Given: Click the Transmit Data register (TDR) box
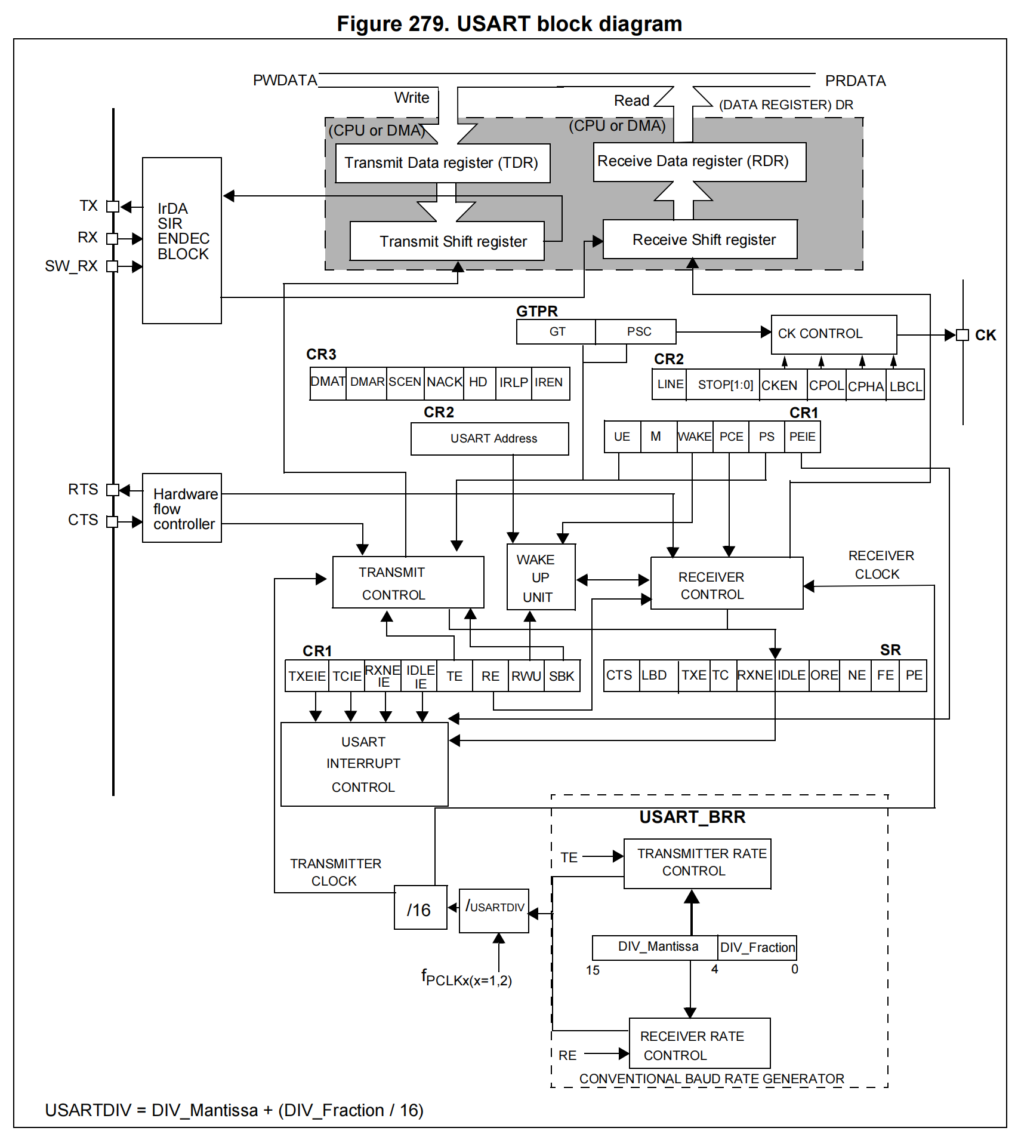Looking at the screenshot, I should click(x=442, y=163).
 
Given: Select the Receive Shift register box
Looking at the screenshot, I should click(x=700, y=239).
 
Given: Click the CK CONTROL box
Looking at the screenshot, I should click(x=833, y=334).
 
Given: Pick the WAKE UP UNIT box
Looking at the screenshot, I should click(x=541, y=577).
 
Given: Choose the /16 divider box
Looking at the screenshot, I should click(x=420, y=908).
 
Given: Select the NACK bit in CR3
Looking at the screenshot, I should click(x=444, y=383).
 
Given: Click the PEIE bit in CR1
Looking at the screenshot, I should click(x=802, y=437).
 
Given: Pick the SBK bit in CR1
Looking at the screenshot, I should click(x=562, y=676).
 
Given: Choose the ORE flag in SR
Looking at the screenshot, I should click(x=824, y=675).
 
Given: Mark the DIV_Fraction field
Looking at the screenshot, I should click(x=757, y=948).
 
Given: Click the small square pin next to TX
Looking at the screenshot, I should click(x=112, y=207).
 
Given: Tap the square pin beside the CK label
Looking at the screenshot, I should click(x=962, y=335).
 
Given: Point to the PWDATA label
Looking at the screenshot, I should click(x=285, y=81).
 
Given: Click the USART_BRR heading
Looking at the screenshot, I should click(x=692, y=817).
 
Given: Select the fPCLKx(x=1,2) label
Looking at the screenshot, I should click(x=466, y=978).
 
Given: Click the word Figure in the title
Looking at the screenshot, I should click(x=369, y=24).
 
